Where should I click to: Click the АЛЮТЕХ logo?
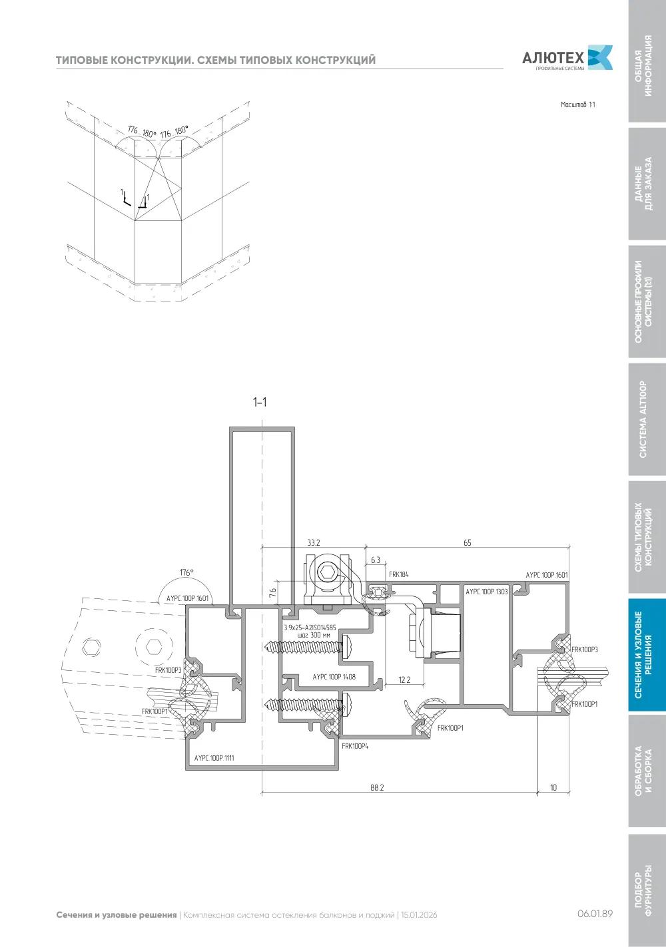tap(567, 57)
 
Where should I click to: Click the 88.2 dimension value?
tap(377, 787)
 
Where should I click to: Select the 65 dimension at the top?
tap(467, 542)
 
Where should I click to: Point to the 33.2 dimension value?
tap(314, 542)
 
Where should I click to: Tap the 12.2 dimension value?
tap(404, 679)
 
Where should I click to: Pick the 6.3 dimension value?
tap(376, 560)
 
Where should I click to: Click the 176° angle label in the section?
tap(186, 572)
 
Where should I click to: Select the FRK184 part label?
tap(398, 574)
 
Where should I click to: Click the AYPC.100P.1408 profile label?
tap(334, 676)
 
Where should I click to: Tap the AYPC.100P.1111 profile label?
tap(214, 757)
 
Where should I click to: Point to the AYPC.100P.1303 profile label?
tap(487, 592)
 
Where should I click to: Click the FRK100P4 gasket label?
tap(354, 746)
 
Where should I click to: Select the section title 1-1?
tap(260, 402)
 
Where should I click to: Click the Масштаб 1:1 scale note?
tap(577, 104)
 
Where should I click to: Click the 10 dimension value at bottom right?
tap(553, 787)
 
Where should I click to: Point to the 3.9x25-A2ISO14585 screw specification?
tap(310, 628)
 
